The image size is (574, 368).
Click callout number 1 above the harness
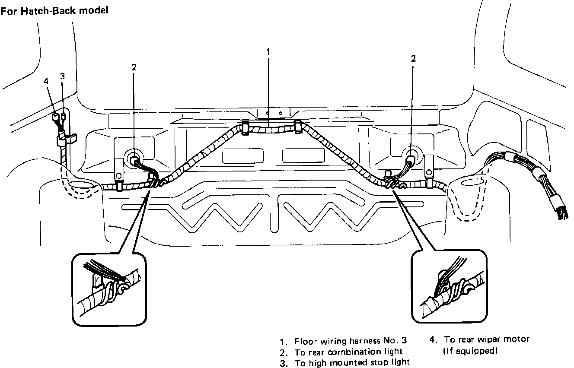tap(268, 51)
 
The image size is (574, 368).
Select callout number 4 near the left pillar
tap(46, 81)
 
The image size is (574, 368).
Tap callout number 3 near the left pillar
tap(62, 76)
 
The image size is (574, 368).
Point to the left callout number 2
tap(134, 67)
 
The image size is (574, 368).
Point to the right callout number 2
tap(413, 59)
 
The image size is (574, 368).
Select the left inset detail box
tap(108, 289)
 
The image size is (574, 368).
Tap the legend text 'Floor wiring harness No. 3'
tap(351, 341)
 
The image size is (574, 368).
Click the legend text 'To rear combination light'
tap(348, 352)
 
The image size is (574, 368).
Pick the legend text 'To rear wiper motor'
tap(487, 339)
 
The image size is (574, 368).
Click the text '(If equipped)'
tap(471, 351)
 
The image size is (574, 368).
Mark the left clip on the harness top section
tap(245, 128)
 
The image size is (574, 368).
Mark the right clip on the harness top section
tap(297, 127)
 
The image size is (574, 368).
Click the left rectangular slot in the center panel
tap(242, 155)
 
